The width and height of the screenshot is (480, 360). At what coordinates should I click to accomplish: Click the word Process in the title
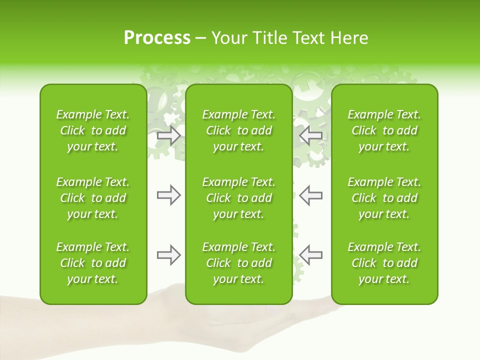click(157, 38)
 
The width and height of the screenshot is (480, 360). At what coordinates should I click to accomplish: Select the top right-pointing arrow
click(169, 135)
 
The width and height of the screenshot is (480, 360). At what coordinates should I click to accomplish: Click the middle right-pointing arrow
click(169, 195)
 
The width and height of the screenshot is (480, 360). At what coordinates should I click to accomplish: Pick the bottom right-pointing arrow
click(169, 255)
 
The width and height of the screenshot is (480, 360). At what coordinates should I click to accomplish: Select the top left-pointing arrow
click(311, 135)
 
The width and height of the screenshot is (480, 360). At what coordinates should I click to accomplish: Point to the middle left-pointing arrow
click(311, 195)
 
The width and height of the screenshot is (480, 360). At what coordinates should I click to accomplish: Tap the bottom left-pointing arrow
click(311, 255)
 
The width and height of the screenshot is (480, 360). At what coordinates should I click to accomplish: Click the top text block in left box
click(93, 130)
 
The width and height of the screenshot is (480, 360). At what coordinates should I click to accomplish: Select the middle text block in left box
click(93, 198)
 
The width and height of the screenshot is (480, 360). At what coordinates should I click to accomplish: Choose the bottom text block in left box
click(93, 263)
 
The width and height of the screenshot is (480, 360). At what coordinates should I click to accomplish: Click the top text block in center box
click(239, 130)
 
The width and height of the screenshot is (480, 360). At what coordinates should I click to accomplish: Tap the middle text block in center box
click(239, 198)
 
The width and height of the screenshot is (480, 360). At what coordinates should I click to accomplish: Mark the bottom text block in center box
click(239, 263)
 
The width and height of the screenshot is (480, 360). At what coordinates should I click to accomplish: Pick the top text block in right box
click(384, 130)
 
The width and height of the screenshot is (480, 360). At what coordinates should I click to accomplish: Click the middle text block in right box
click(384, 198)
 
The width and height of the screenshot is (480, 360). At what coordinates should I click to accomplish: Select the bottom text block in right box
click(384, 263)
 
